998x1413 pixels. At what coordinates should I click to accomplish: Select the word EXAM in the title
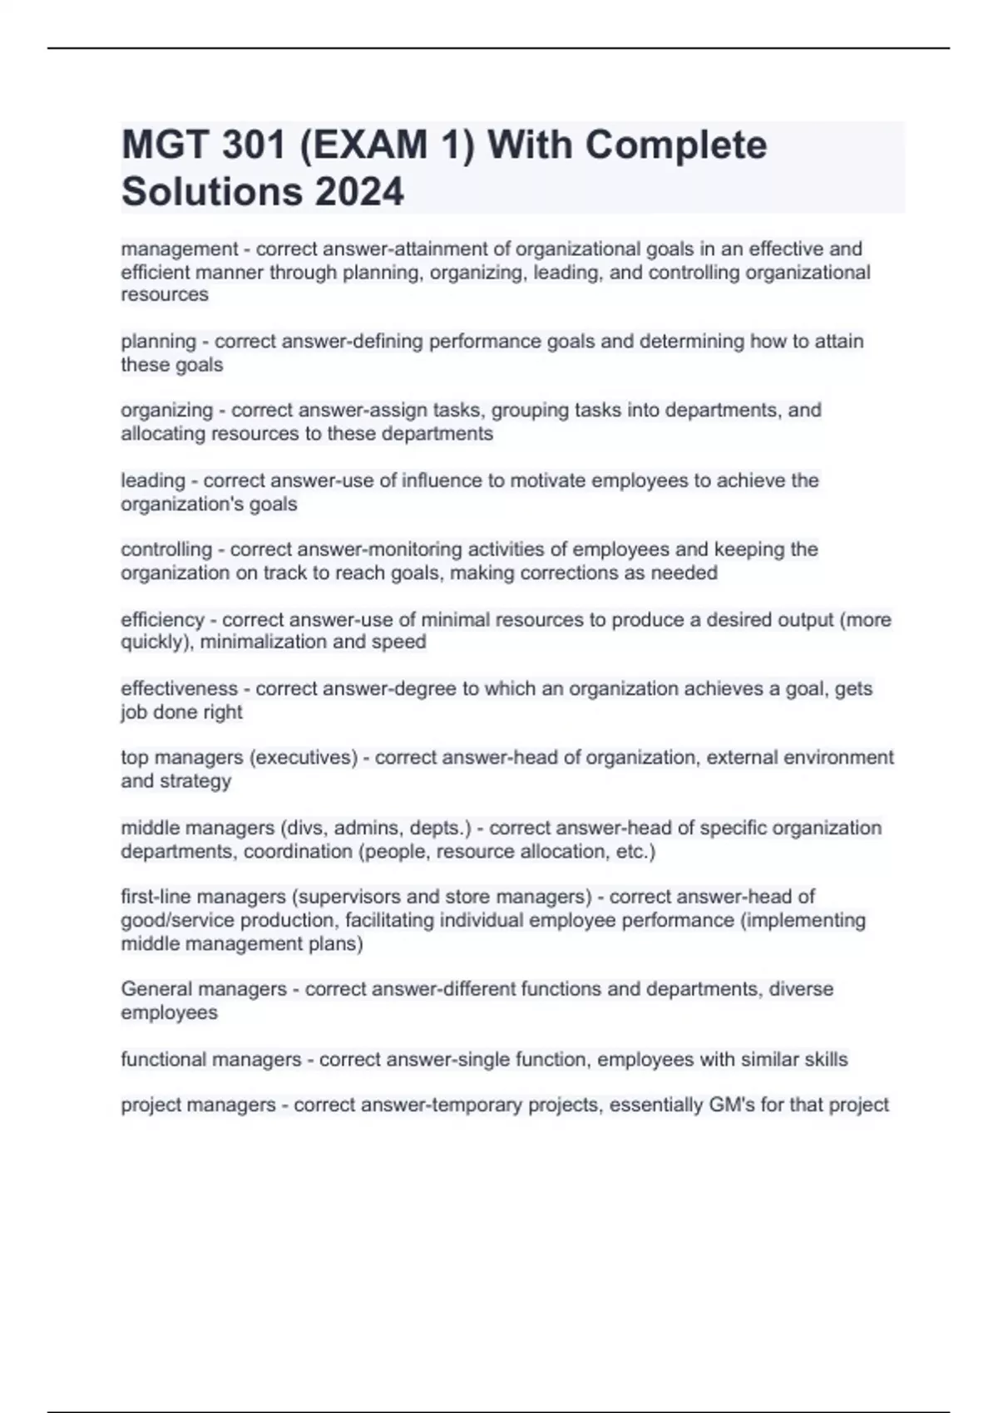click(x=365, y=145)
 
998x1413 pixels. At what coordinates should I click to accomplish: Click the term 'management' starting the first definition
click(x=180, y=249)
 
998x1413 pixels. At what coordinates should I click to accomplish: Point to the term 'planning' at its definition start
click(x=158, y=342)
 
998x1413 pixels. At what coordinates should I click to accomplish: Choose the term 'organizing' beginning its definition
click(x=167, y=411)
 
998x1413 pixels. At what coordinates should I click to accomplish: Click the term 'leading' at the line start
click(x=153, y=480)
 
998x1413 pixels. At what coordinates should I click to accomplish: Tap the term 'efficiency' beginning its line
click(x=162, y=619)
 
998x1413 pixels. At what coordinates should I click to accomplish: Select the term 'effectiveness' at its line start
click(x=179, y=689)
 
